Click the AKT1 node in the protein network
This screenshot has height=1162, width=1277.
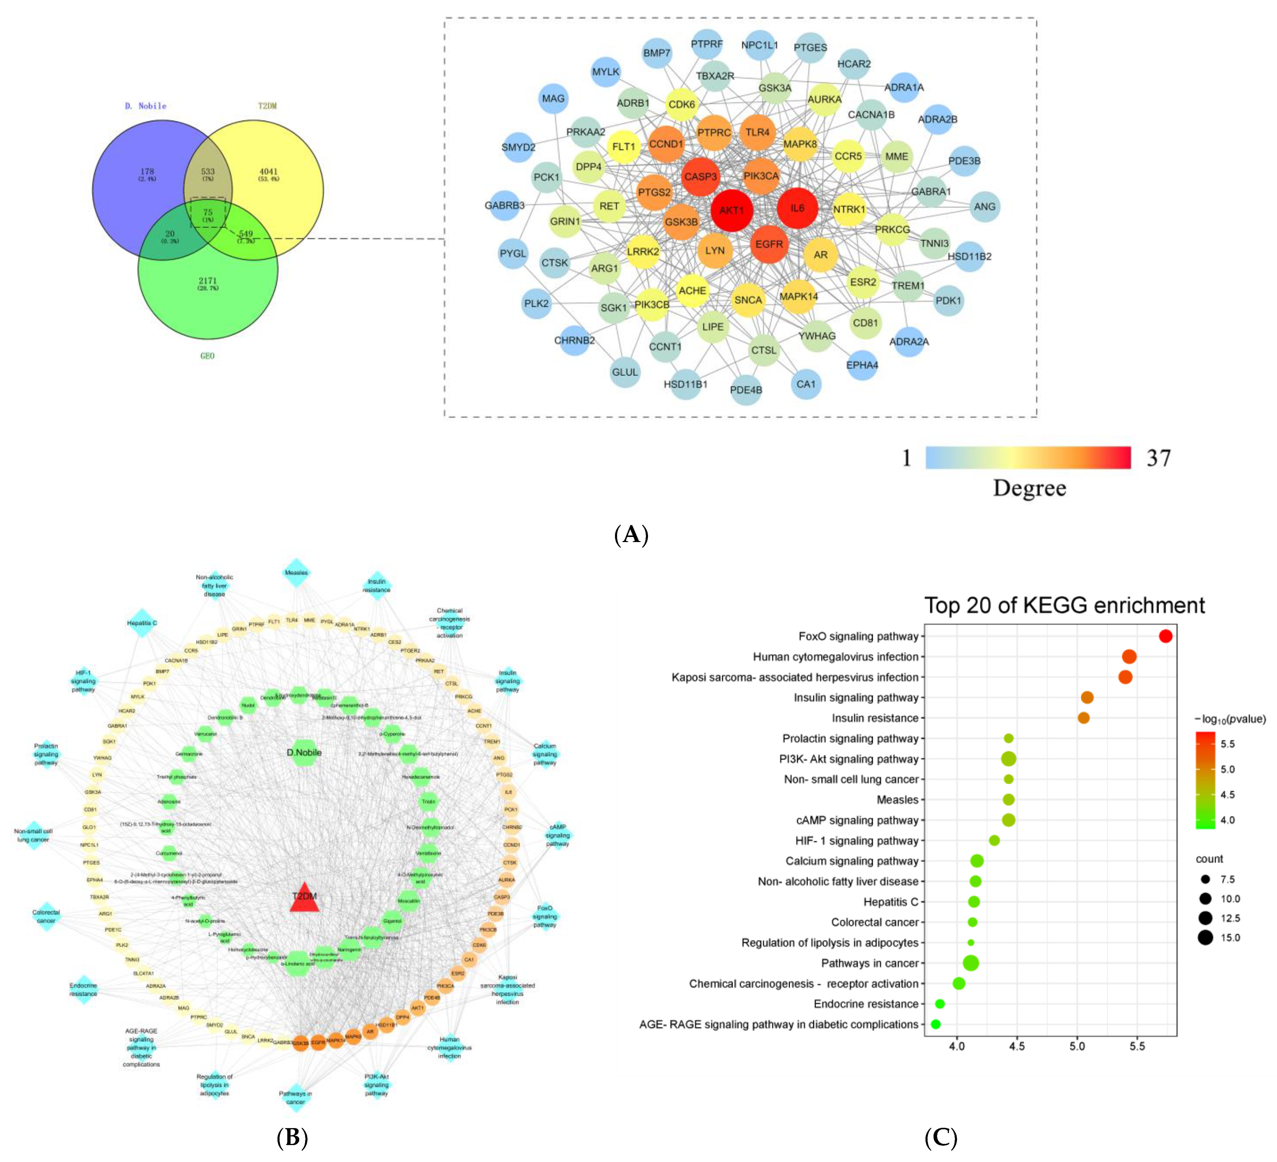point(732,210)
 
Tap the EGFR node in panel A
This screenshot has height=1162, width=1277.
point(769,244)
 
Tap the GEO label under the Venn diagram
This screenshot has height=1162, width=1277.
point(207,356)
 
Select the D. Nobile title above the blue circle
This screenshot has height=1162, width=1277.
point(146,106)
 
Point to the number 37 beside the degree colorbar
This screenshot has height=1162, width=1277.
point(1159,458)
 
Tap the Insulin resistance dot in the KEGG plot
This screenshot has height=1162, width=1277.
point(1084,718)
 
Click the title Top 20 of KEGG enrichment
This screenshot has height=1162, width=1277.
point(1064,606)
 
